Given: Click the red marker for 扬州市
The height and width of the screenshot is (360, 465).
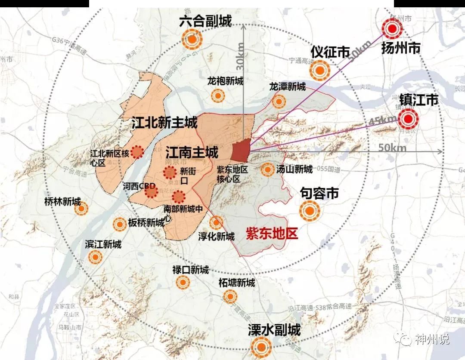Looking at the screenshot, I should (392, 29).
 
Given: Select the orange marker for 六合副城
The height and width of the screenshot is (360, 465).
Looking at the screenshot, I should (192, 40).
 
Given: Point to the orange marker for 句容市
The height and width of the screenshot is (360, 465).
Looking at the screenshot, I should (310, 211).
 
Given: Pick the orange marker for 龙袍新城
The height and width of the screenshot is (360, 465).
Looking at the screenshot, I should (218, 95).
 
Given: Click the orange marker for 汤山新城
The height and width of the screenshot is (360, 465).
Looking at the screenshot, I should (268, 169).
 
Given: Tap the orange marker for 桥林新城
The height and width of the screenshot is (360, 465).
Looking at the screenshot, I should (81, 209).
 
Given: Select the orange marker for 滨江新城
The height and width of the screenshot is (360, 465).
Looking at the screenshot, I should (95, 257).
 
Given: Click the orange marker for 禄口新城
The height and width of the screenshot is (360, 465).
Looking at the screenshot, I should (183, 282).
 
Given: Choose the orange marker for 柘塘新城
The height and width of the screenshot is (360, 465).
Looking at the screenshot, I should (230, 296).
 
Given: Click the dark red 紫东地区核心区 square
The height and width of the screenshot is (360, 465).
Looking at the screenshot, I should (241, 150).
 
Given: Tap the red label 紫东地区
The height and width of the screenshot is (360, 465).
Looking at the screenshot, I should (272, 234).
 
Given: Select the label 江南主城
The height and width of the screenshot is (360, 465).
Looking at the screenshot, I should (192, 151).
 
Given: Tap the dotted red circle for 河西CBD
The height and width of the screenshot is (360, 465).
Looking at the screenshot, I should (151, 191).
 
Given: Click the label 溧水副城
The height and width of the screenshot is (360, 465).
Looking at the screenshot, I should (274, 330).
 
